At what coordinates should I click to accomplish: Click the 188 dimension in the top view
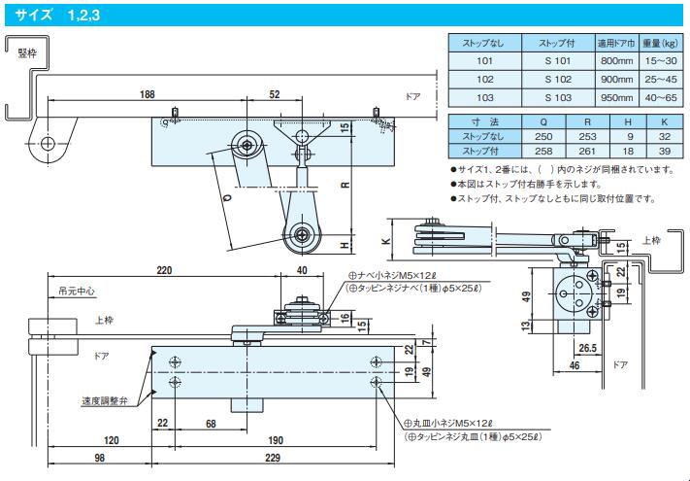click(147, 94)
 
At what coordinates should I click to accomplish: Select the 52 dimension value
click(274, 94)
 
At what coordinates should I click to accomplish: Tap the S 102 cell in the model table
click(558, 80)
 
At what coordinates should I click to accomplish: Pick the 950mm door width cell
click(616, 98)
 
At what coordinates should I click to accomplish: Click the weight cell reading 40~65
click(661, 98)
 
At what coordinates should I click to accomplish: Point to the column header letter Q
click(543, 122)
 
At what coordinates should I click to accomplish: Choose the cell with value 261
click(587, 151)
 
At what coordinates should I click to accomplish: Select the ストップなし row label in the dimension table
click(482, 137)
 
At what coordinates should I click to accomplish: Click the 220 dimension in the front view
click(164, 270)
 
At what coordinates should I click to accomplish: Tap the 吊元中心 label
click(77, 292)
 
